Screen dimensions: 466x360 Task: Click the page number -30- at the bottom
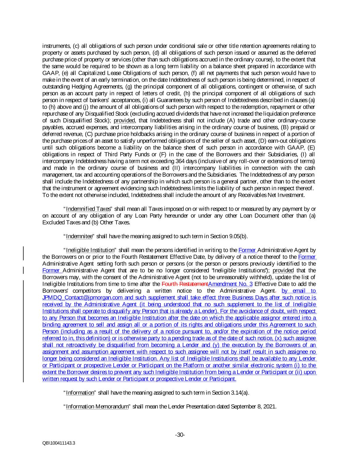click(x=180, y=435)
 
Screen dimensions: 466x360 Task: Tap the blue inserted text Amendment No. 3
click(x=230, y=284)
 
